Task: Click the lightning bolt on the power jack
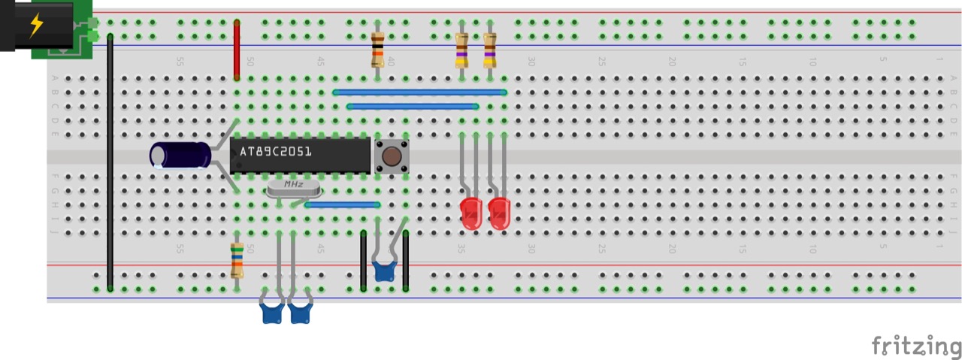pos(35,25)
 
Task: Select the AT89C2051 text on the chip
pos(275,152)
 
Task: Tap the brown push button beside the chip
pos(392,156)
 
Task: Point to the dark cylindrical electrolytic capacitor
pos(180,156)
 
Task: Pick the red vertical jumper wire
pos(237,50)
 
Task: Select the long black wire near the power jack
pos(110,162)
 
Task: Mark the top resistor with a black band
pos(378,50)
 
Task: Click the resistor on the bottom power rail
pos(237,260)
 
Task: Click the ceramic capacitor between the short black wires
pos(384,271)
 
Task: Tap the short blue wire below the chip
pos(342,204)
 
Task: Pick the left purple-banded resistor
pos(462,50)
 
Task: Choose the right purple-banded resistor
pos(490,50)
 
